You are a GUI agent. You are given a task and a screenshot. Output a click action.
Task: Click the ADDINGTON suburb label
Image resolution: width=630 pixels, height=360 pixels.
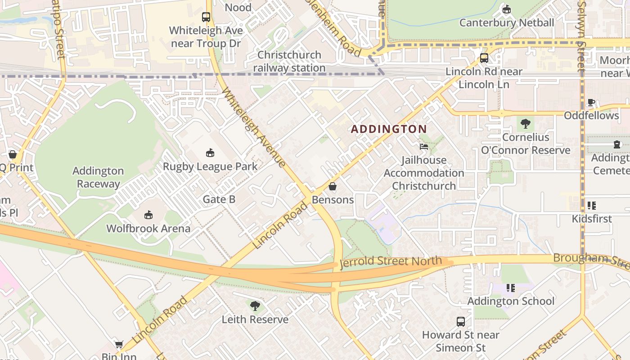pos(389,129)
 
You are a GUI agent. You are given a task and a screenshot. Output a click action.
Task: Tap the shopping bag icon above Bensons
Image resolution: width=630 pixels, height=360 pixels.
pos(333,186)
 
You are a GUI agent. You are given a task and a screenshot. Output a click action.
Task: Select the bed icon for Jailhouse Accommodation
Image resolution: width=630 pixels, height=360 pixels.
pos(423,147)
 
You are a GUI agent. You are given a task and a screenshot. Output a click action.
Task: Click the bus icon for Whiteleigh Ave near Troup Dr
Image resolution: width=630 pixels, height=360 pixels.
pos(206,18)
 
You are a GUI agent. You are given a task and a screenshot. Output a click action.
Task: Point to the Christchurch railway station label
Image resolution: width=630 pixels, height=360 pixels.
pos(289,61)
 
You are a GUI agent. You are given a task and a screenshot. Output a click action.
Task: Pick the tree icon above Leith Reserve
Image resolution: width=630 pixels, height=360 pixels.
pos(255,306)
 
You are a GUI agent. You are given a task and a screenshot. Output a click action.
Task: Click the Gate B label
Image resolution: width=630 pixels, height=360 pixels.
pos(219,199)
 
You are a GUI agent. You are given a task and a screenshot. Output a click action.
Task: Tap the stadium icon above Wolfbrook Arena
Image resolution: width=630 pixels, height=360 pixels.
pos(148,215)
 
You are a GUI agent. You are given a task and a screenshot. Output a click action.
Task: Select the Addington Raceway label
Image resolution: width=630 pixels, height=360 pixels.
pos(98,177)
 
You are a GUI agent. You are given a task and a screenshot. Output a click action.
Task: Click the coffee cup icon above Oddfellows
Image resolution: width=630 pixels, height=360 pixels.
pos(591,103)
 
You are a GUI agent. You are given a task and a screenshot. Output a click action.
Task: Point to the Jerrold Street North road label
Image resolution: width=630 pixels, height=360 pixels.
pos(391,261)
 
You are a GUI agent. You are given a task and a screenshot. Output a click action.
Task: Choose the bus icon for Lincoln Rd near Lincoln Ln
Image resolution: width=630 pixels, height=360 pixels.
pos(484,58)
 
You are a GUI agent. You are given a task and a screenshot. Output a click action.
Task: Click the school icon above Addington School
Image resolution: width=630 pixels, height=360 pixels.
pos(510,288)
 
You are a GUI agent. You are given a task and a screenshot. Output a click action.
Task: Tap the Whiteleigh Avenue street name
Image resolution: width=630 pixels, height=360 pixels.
pos(254,127)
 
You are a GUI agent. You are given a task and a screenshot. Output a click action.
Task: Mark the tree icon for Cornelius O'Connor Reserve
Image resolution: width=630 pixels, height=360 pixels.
pos(525,124)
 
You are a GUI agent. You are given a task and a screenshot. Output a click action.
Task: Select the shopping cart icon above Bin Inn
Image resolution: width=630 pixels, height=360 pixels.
pos(119,344)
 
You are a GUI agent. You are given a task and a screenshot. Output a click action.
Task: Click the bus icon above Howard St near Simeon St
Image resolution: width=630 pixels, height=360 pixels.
pos(460,322)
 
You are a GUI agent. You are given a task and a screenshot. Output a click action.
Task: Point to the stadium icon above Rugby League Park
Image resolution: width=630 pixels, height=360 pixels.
pos(210,153)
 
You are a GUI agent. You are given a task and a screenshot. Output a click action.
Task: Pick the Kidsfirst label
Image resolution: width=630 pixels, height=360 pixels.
pos(591,219)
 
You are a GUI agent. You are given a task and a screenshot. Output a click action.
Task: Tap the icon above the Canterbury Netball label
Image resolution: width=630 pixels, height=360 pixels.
pos(507,9)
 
